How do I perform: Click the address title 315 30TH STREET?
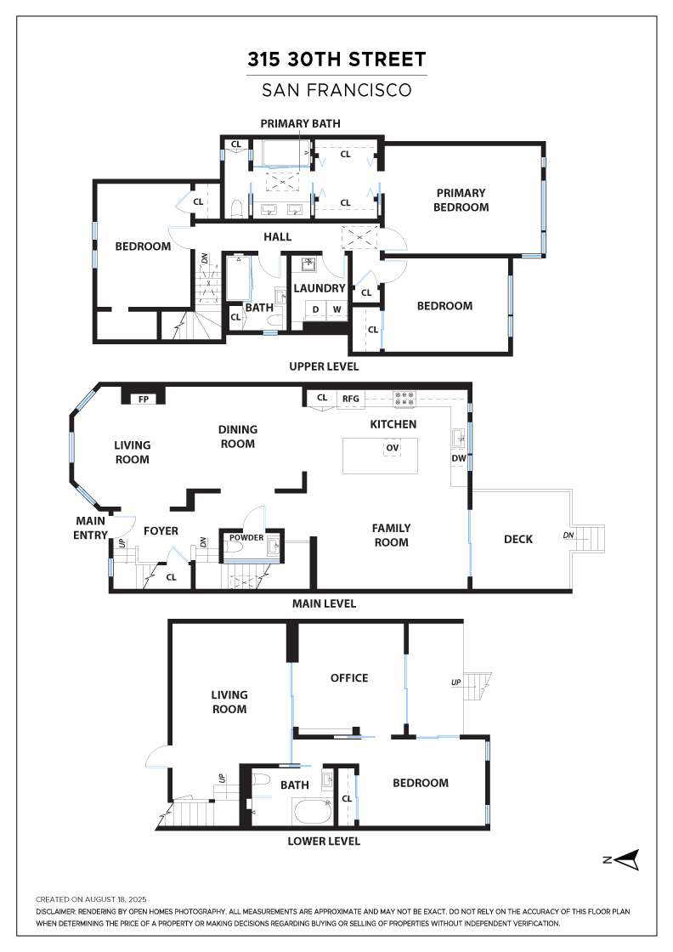(336, 59)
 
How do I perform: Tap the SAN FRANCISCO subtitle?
(336, 89)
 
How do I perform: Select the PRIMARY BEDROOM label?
(461, 200)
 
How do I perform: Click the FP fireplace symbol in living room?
(144, 398)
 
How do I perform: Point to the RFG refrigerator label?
(351, 397)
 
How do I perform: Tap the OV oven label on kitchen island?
(392, 447)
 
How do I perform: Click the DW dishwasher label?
(459, 458)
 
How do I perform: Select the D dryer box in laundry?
(315, 309)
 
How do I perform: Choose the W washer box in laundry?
(336, 309)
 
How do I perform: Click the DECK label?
(517, 539)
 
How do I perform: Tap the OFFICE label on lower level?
(349, 677)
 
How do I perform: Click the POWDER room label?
(244, 537)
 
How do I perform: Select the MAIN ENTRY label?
(92, 528)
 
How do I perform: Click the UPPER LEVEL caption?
(323, 366)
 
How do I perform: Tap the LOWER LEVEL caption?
(323, 841)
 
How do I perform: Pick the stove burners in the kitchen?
(404, 397)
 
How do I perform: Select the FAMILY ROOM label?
(391, 535)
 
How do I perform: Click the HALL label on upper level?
(277, 237)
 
